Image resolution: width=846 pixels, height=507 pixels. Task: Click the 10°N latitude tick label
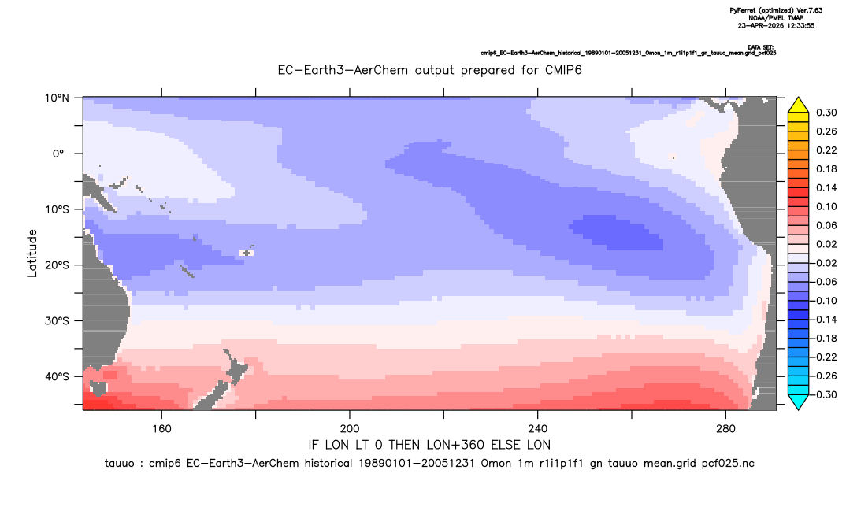[x=58, y=98]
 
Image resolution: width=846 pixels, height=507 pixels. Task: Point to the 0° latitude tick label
[x=58, y=154]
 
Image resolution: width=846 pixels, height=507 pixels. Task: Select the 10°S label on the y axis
[x=58, y=209]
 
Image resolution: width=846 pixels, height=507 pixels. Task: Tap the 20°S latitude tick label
[x=58, y=265]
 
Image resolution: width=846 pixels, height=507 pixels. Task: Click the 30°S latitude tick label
[x=58, y=321]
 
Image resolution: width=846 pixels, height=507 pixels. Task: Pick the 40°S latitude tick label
[x=58, y=376]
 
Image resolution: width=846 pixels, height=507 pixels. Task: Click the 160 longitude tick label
[x=161, y=429]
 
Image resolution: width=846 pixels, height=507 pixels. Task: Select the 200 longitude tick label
[x=350, y=429]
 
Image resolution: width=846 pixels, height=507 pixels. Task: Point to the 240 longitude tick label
[x=537, y=429]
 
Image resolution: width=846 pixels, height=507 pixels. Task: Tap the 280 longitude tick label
[x=725, y=429]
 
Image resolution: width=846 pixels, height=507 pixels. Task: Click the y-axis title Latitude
[x=32, y=253]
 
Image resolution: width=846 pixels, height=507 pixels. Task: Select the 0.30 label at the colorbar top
[x=826, y=113]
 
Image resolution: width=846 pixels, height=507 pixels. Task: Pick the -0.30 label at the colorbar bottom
[x=824, y=394]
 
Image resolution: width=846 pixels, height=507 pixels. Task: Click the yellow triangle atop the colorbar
[x=798, y=105]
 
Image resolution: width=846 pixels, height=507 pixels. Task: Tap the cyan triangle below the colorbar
[x=798, y=402]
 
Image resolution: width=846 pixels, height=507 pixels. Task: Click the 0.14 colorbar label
[x=826, y=187]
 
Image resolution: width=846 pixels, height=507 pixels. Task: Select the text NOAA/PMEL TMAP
[x=776, y=18]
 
